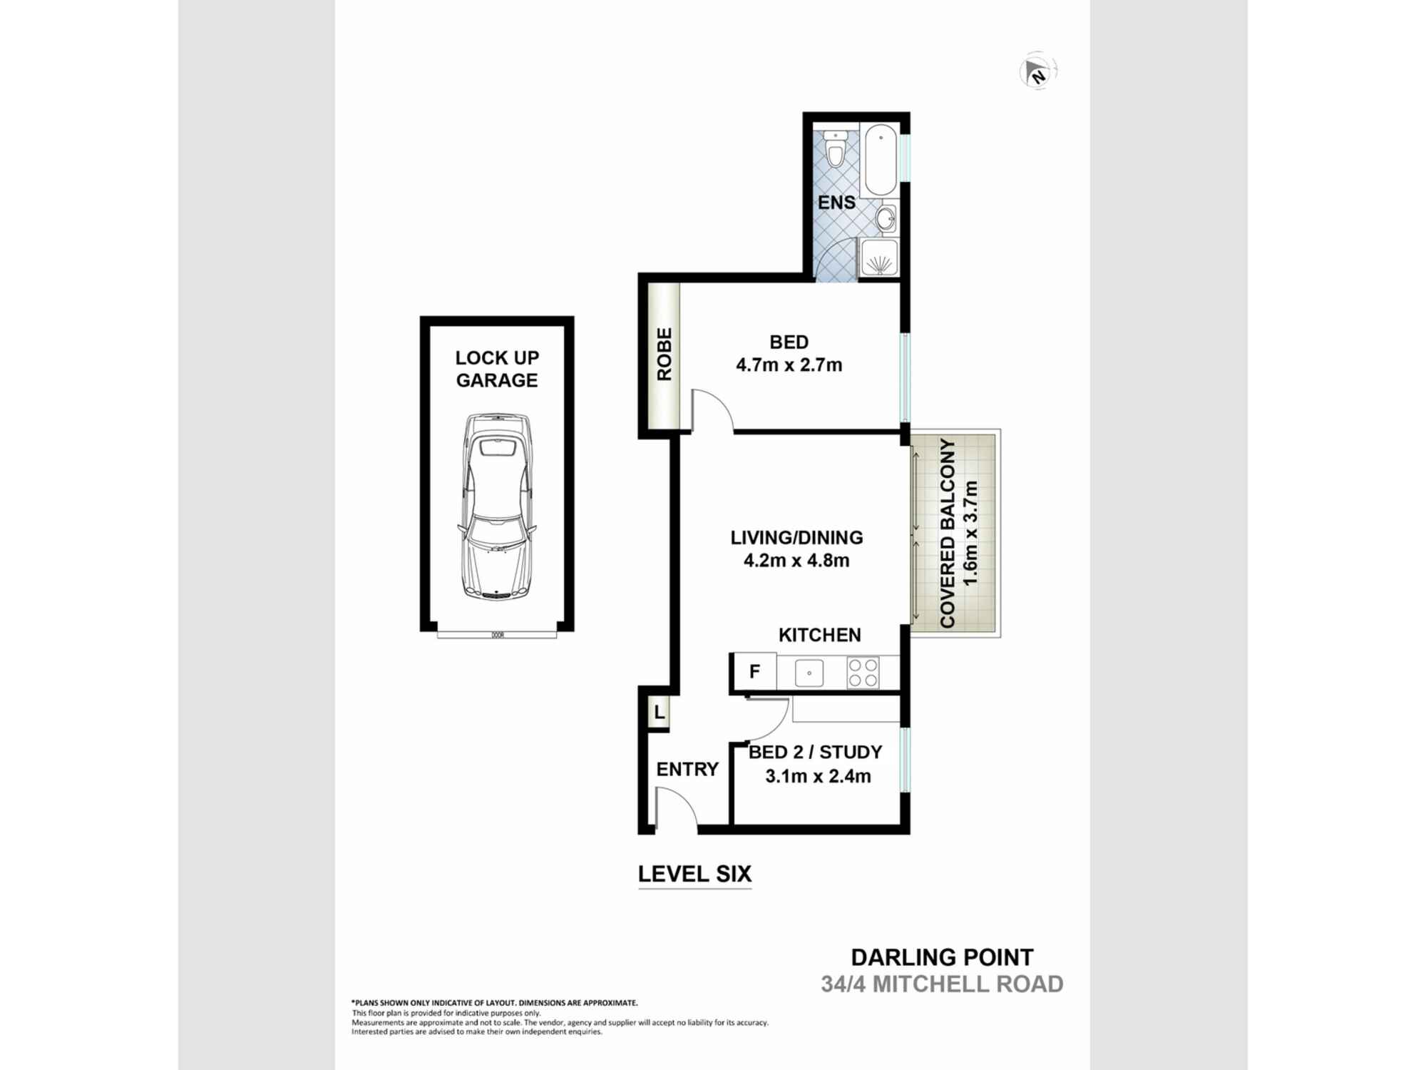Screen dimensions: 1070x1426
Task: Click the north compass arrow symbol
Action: (x=1037, y=72)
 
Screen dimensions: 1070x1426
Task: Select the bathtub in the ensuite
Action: (x=879, y=161)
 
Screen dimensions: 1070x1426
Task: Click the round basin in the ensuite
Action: (x=886, y=218)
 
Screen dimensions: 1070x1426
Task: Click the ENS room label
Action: (x=836, y=203)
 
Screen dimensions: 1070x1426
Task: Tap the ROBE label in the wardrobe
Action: (x=664, y=354)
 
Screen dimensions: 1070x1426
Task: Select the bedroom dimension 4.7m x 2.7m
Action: (x=789, y=365)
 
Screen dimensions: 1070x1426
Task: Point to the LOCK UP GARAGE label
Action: (x=497, y=369)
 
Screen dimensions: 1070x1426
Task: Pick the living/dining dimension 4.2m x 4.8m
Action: (x=796, y=561)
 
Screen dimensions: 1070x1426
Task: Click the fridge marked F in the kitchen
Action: (x=754, y=672)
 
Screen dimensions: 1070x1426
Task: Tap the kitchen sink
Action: (x=809, y=673)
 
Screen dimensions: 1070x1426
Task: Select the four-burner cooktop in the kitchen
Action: (x=863, y=673)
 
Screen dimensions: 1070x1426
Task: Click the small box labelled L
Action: (x=659, y=712)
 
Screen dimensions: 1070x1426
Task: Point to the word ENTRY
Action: (x=687, y=769)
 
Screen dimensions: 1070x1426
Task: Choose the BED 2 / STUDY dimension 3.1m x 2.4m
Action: (x=818, y=776)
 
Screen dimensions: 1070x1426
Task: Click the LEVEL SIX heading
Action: (x=694, y=874)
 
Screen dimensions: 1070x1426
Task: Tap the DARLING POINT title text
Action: (x=942, y=957)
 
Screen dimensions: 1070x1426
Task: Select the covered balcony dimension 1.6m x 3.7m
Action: (x=970, y=533)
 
